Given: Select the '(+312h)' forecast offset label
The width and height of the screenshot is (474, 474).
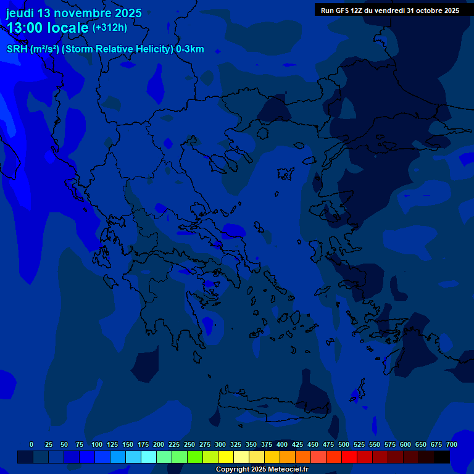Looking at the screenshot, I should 110,28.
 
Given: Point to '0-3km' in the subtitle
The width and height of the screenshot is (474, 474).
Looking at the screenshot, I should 189,49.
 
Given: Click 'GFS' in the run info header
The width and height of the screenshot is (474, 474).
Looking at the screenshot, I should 342,10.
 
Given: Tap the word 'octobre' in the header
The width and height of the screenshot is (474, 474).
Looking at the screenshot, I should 428,10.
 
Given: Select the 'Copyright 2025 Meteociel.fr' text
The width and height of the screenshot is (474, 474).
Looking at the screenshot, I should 262,469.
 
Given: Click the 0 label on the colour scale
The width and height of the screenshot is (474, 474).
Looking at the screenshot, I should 31,444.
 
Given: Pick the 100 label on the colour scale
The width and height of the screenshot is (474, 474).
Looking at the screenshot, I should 97,444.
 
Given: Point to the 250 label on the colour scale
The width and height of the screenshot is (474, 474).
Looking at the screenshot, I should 189,444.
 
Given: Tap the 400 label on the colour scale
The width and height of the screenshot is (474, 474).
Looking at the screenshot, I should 282,444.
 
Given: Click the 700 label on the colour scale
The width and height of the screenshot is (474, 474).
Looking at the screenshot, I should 452,444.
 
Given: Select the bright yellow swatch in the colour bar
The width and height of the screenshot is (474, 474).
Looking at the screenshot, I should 226,457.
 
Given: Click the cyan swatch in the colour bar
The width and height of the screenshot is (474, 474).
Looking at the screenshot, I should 149,457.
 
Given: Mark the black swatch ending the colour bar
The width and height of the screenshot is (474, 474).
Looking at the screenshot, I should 442,457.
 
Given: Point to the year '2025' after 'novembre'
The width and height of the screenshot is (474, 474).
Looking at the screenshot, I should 124,13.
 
